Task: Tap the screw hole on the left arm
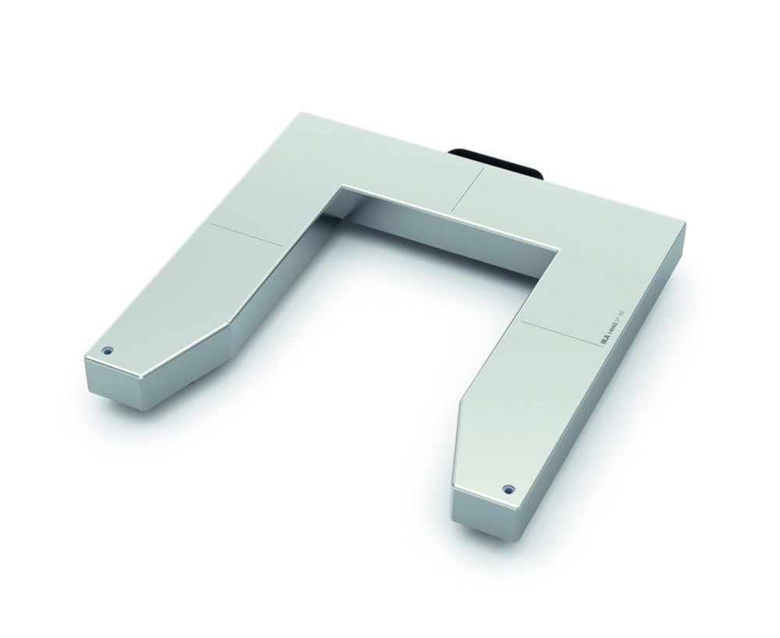click(108, 349)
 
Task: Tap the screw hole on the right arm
click(509, 489)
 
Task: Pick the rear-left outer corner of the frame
click(300, 115)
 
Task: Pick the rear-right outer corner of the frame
click(683, 225)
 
